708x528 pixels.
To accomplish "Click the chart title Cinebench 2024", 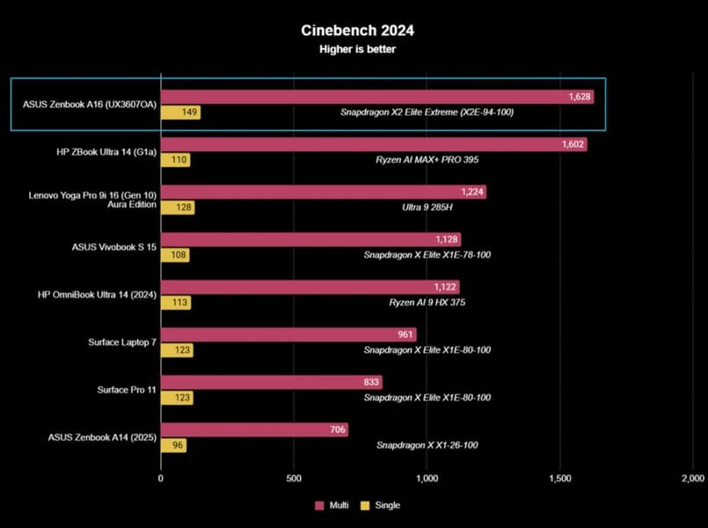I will tap(356, 30).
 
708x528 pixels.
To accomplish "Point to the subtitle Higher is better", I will tap(356, 49).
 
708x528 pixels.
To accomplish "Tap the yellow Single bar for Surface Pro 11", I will tap(177, 398).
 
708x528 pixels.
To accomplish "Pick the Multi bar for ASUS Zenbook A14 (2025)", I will tap(254, 429).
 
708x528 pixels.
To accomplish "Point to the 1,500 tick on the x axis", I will tap(559, 479).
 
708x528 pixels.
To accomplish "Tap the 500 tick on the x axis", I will tap(294, 479).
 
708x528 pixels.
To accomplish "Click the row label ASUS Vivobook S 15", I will tap(114, 247).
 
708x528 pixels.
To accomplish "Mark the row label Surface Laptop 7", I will tap(122, 342).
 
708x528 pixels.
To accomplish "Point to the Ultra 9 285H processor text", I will tap(427, 208).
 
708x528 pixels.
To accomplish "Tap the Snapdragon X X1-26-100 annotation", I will tap(427, 445).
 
